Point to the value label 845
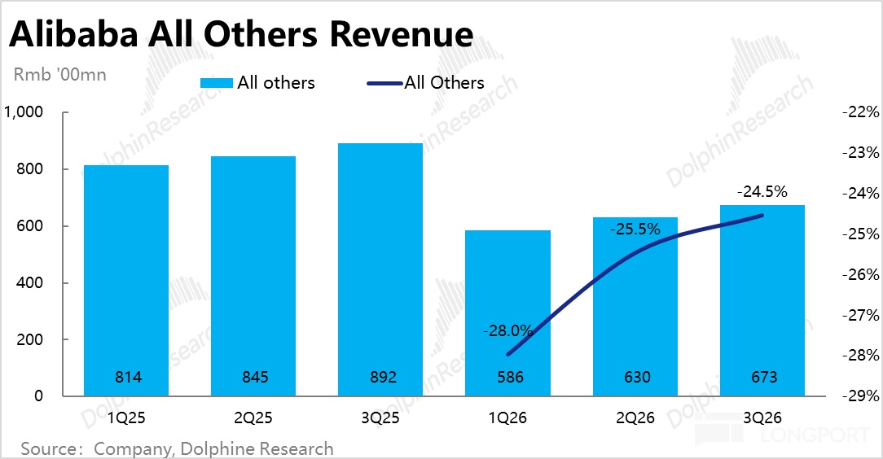[x=253, y=378]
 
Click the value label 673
[x=762, y=378]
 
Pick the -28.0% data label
[x=507, y=331]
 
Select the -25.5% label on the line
[x=635, y=229]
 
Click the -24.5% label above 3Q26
[x=762, y=193]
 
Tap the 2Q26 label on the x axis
[x=635, y=418]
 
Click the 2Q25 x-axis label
[x=253, y=418]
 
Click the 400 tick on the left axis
[x=30, y=283]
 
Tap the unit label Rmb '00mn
[x=59, y=75]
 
